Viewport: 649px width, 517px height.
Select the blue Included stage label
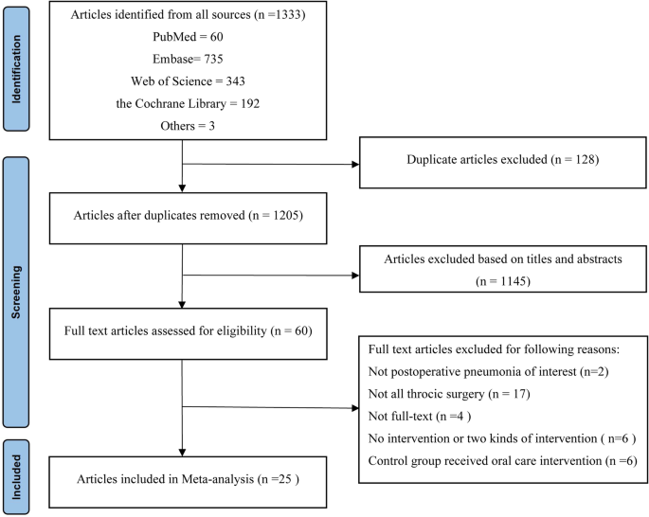[x=18, y=475]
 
